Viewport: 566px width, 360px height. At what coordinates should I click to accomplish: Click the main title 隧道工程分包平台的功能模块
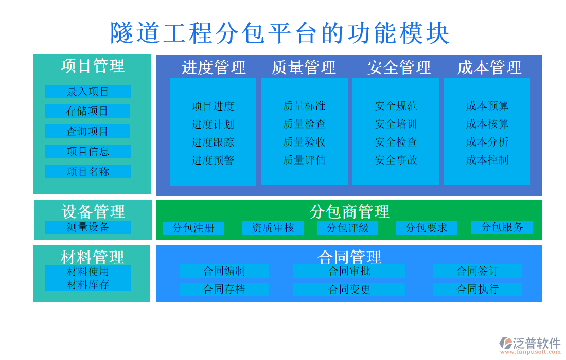pyautogui.click(x=280, y=33)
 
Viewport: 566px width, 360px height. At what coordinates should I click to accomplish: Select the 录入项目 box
pyautogui.click(x=87, y=92)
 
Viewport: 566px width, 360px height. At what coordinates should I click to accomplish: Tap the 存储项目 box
pyautogui.click(x=87, y=111)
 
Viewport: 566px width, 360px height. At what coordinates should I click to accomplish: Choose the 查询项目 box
pyautogui.click(x=87, y=131)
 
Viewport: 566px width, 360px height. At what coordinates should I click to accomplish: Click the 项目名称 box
pyautogui.click(x=87, y=172)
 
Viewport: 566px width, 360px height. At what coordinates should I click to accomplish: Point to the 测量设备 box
pyautogui.click(x=87, y=227)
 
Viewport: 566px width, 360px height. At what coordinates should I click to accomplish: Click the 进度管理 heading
pyautogui.click(x=214, y=67)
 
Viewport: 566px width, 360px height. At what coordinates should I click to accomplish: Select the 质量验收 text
pyautogui.click(x=304, y=142)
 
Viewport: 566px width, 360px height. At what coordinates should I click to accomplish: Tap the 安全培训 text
pyautogui.click(x=396, y=124)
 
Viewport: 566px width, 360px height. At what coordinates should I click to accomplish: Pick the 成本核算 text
pyautogui.click(x=487, y=124)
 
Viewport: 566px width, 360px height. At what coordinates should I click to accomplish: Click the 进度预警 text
pyautogui.click(x=213, y=160)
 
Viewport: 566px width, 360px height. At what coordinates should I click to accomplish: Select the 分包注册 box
pyautogui.click(x=193, y=228)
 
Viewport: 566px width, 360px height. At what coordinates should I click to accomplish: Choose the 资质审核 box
pyautogui.click(x=273, y=228)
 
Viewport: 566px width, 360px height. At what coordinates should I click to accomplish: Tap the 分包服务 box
pyautogui.click(x=502, y=227)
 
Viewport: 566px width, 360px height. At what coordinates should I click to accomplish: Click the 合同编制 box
pyautogui.click(x=224, y=271)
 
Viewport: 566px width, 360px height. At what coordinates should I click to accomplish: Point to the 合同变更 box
pyautogui.click(x=349, y=290)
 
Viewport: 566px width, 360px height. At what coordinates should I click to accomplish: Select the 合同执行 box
pyautogui.click(x=477, y=290)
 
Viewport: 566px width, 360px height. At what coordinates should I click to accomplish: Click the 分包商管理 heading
pyautogui.click(x=349, y=211)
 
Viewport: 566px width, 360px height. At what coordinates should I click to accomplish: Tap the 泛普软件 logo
pyautogui.click(x=530, y=344)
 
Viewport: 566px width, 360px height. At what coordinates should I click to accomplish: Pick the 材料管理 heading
pyautogui.click(x=92, y=257)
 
